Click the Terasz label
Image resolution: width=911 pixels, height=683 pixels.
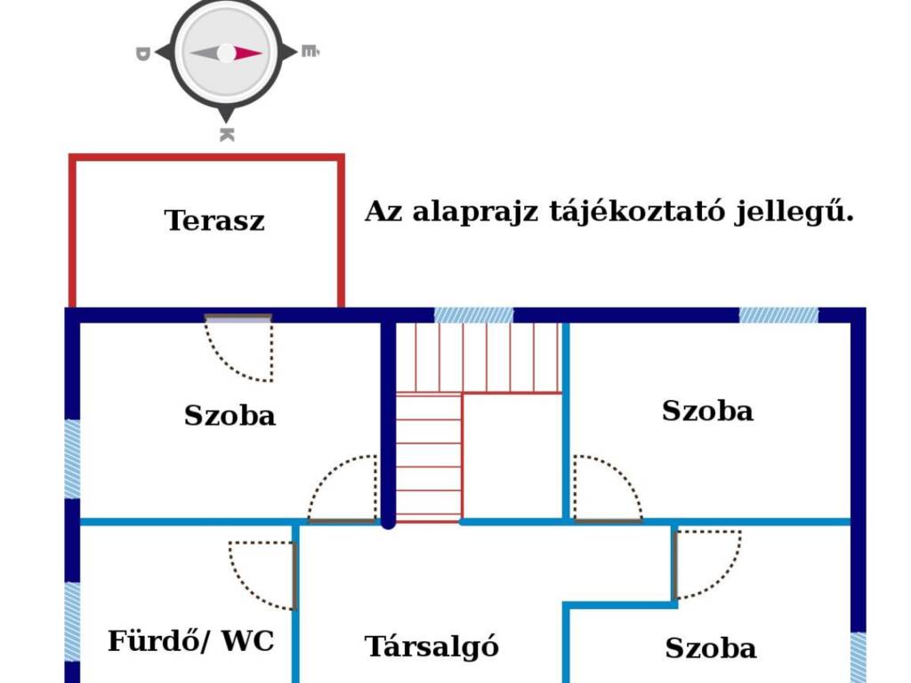tap(214, 221)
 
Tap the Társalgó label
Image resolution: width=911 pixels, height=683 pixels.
tap(431, 647)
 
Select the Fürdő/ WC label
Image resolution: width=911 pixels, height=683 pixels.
tap(190, 641)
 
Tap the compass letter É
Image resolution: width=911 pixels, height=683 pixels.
tap(310, 51)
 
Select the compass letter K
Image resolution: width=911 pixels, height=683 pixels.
tap(227, 135)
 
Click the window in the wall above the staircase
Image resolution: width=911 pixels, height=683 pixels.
tap(474, 316)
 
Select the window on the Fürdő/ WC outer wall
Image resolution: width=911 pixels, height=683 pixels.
tap(72, 622)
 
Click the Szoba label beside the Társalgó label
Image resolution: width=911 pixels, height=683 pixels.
tap(711, 648)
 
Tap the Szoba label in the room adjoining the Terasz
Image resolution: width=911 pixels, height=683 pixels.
tap(230, 416)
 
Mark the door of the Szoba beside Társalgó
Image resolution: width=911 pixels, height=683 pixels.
tap(706, 565)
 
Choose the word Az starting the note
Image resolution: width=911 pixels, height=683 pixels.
tap(383, 212)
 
